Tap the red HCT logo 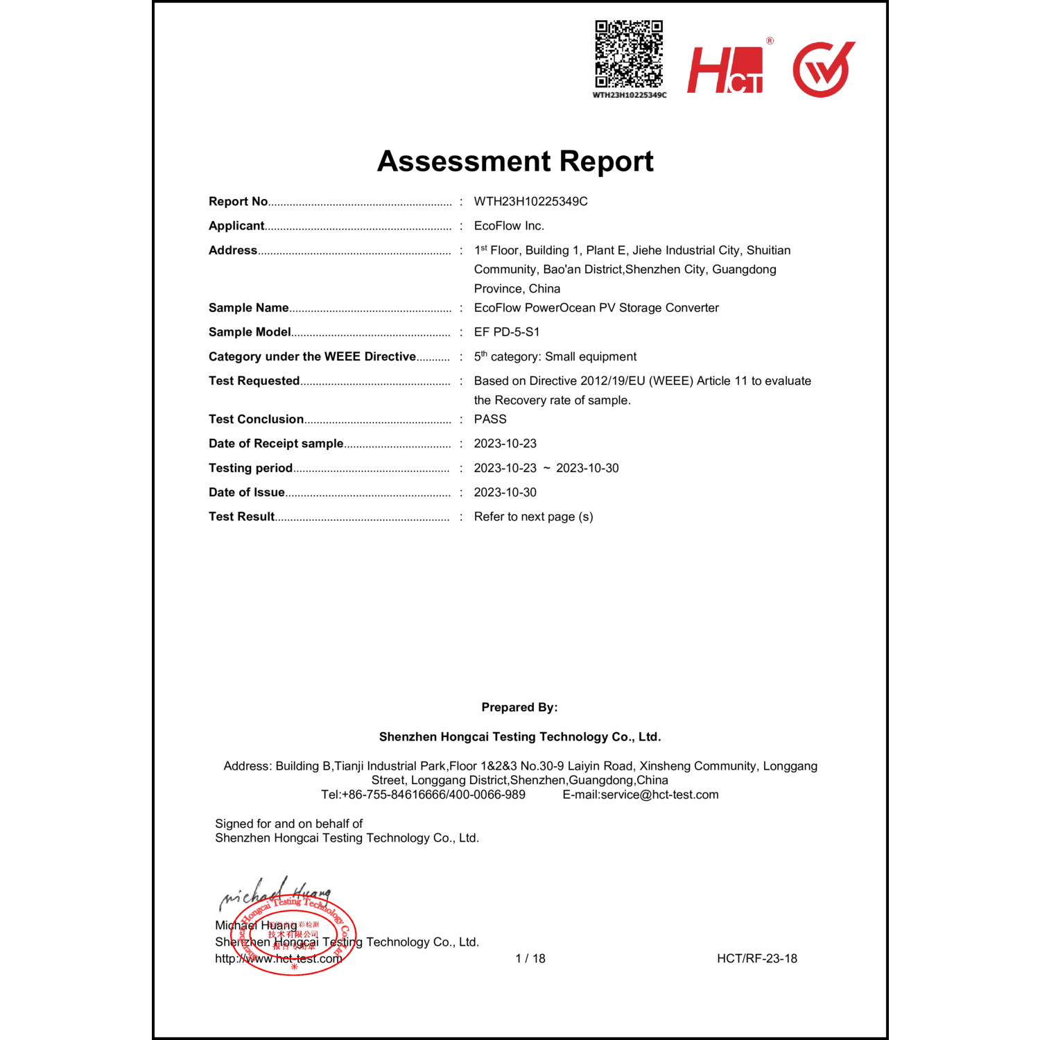725,69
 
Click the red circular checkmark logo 823,69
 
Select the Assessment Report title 515,161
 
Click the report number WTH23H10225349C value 530,201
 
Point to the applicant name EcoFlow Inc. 509,225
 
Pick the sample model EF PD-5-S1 507,332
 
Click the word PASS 490,419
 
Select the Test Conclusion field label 256,419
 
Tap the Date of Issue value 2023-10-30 505,492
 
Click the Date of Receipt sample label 276,443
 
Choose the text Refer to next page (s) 533,517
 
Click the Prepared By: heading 519,707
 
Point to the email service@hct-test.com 659,795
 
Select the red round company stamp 294,935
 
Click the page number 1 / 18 530,958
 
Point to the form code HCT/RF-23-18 757,958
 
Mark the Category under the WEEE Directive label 312,356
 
